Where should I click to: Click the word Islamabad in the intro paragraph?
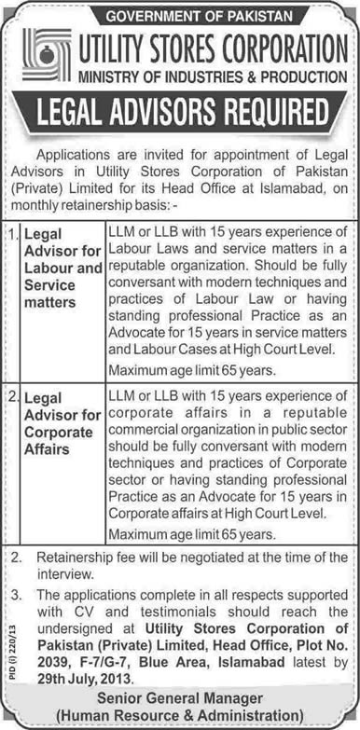pyautogui.click(x=273, y=190)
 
